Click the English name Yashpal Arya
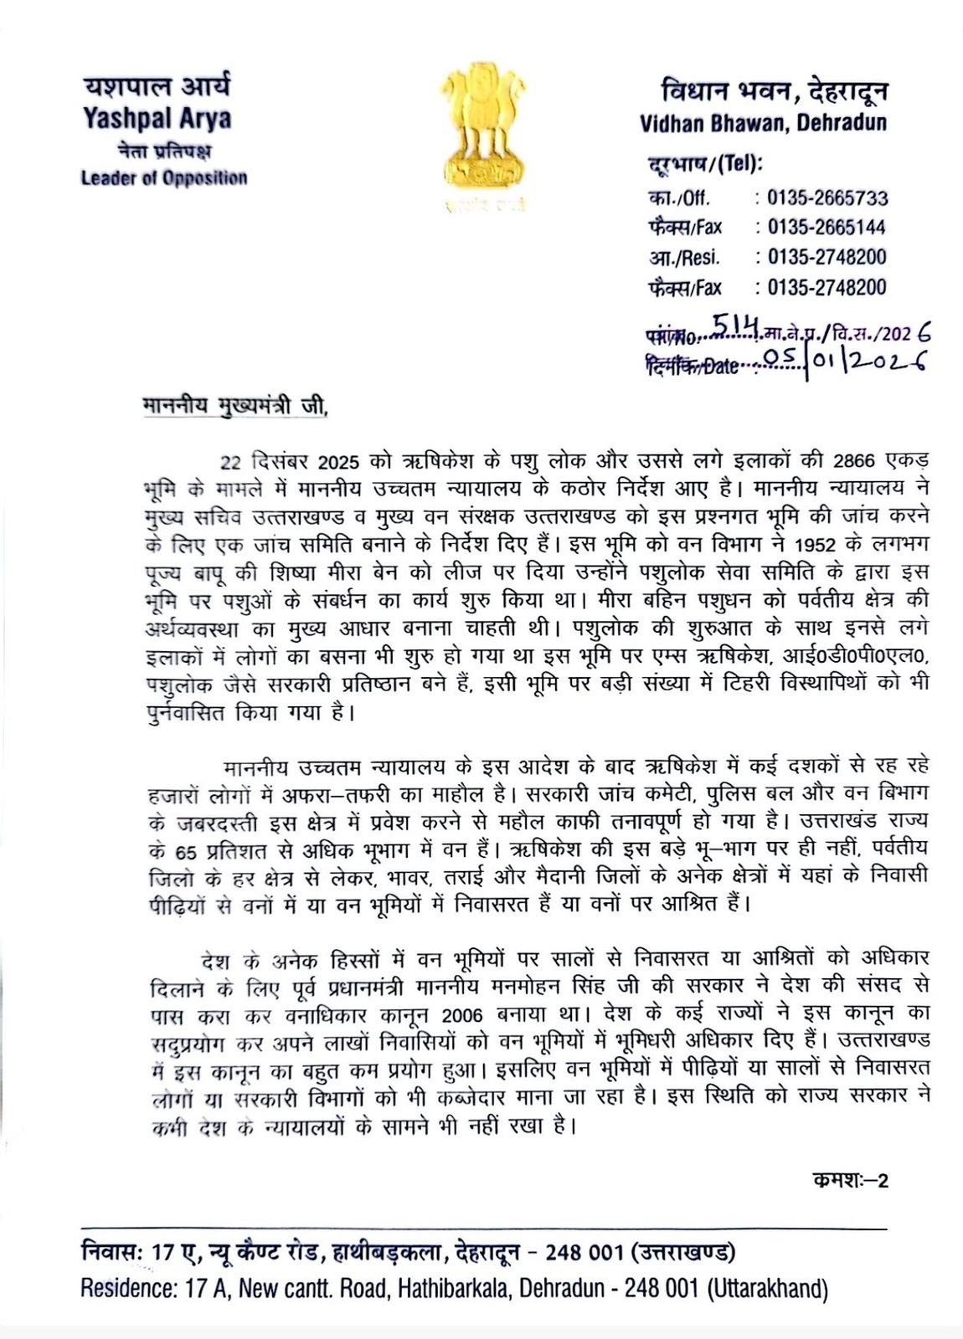[157, 120]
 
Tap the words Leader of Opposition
[164, 178]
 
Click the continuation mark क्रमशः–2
[849, 1181]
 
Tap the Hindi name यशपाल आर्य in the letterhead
[157, 86]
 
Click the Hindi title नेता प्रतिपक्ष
[164, 151]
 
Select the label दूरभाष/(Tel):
[704, 163]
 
